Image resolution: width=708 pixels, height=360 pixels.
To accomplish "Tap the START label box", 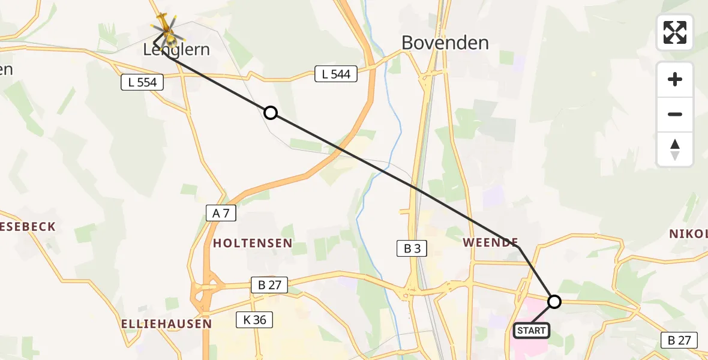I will click(x=531, y=330).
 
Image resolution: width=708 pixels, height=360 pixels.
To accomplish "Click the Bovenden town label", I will click(x=445, y=43).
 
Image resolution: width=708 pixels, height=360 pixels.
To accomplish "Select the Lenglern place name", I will click(x=176, y=50).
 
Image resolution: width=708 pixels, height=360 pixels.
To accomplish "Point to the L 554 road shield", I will click(x=142, y=82).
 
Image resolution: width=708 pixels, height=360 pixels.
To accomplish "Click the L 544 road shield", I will click(x=336, y=74).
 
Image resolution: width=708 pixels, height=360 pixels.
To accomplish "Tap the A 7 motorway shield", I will click(x=221, y=213).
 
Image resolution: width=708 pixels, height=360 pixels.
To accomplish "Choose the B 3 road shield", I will click(x=412, y=248).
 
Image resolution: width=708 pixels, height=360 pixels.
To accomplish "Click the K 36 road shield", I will click(x=255, y=320).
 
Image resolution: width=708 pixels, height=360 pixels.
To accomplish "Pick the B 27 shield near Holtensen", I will click(x=269, y=286).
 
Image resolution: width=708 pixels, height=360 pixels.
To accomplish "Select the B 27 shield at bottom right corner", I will click(x=679, y=340).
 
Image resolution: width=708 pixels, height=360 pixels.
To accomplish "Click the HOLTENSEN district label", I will click(x=253, y=243).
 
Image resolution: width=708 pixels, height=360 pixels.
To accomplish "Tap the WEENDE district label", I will click(x=490, y=242).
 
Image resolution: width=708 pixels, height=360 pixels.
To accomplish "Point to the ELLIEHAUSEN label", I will click(x=166, y=323).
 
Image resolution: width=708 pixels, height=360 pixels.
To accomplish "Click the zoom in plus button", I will click(x=675, y=79).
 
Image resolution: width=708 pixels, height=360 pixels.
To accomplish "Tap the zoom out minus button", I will click(x=675, y=114).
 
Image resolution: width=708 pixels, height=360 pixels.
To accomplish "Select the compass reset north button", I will click(x=675, y=149).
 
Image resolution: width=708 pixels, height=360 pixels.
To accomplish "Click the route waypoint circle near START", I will click(x=554, y=301).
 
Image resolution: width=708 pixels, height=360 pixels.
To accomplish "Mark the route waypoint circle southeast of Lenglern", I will click(x=271, y=112).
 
